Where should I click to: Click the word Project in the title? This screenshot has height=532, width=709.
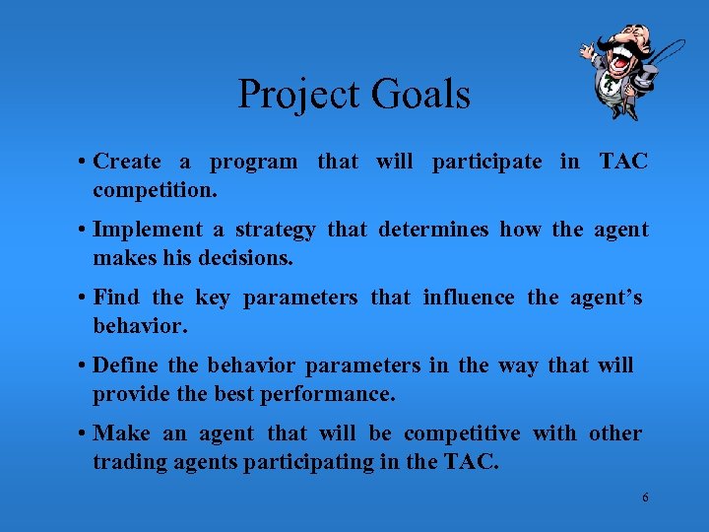pos(300,96)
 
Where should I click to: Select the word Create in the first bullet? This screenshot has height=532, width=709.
pos(127,162)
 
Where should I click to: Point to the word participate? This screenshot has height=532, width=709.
pos(486,162)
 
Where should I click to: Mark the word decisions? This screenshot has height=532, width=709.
pos(249,258)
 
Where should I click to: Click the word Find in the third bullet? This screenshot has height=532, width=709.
pos(115,298)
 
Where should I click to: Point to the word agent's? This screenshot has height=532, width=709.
pos(606,298)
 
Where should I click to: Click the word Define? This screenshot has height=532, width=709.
pos(125,366)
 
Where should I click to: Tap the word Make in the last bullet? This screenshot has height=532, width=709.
pos(121,433)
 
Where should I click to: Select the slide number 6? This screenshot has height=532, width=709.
pos(645,498)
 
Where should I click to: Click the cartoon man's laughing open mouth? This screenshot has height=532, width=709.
pos(621,62)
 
